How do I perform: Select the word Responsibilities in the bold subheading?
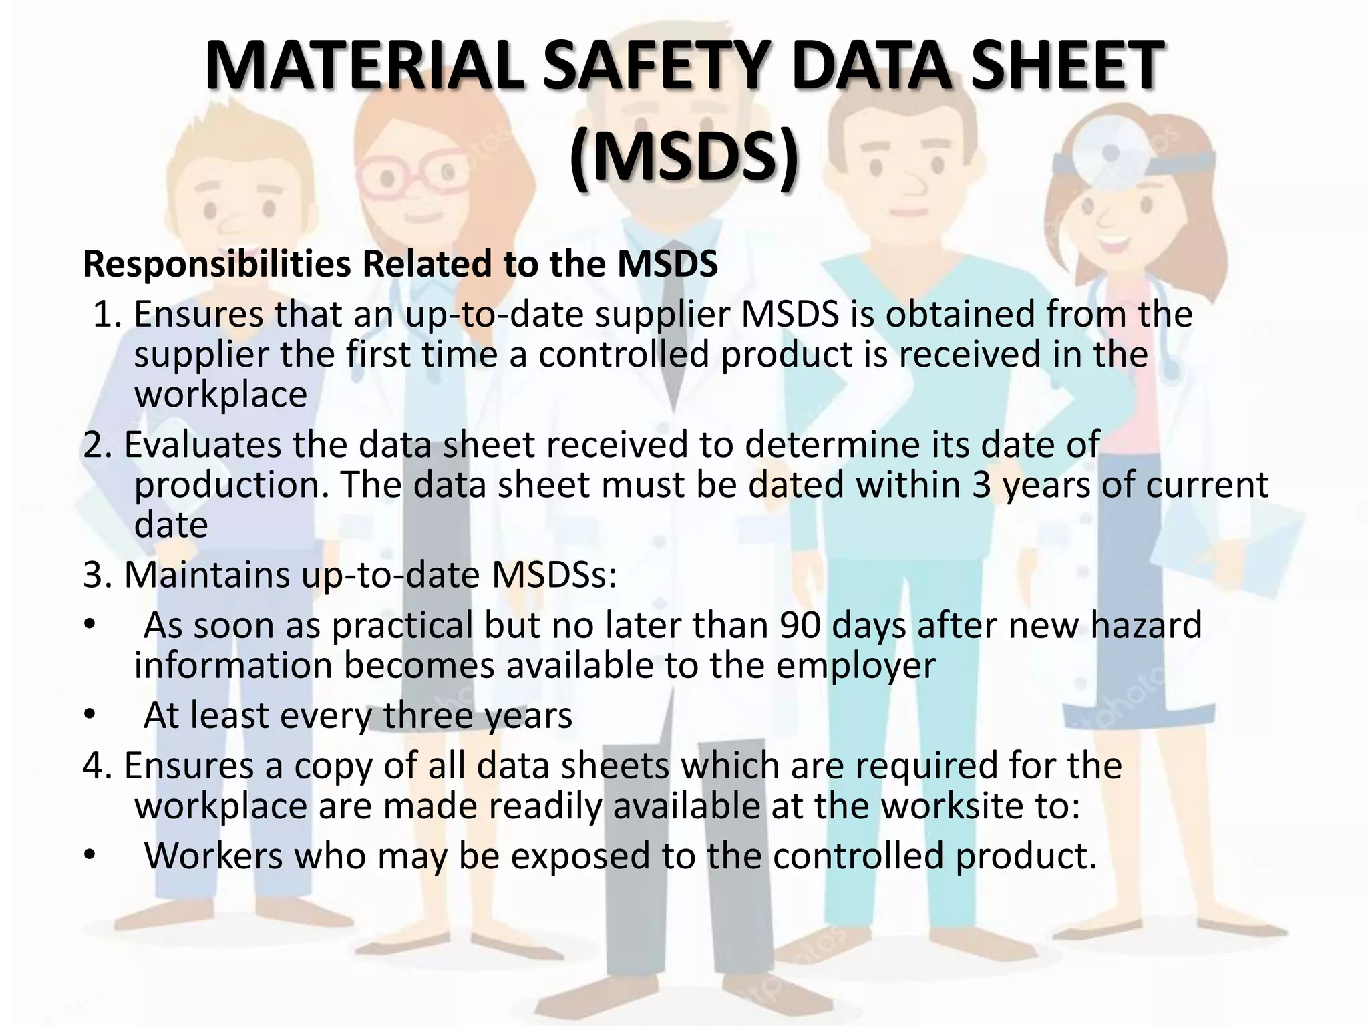point(217,265)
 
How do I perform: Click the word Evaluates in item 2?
point(203,445)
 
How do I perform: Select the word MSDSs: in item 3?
point(554,575)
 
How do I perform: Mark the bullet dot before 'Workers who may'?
point(90,857)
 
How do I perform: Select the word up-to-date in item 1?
point(494,315)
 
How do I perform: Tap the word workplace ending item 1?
point(220,395)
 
